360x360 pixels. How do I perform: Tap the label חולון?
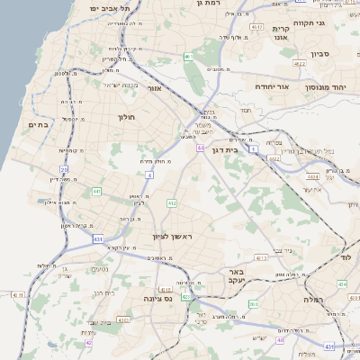click(125, 117)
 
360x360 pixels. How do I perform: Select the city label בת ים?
click(38, 124)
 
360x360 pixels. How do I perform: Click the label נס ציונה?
click(158, 298)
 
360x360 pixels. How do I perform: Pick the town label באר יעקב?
click(236, 276)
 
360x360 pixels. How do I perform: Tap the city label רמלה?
click(312, 298)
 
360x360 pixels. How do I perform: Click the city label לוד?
click(346, 257)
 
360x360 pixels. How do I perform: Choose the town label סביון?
click(321, 54)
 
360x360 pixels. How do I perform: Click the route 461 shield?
click(189, 57)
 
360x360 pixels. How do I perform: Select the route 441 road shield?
click(96, 191)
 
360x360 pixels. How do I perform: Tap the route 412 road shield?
click(171, 204)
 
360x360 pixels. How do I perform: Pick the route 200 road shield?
click(254, 304)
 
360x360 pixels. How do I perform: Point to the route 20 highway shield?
click(64, 168)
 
